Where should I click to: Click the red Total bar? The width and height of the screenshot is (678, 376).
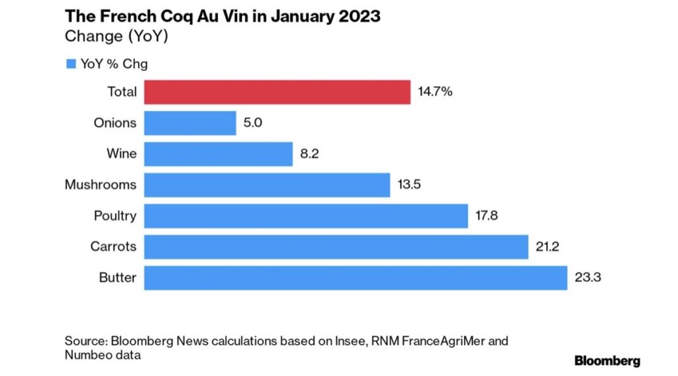(277, 92)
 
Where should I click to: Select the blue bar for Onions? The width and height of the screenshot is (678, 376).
(190, 123)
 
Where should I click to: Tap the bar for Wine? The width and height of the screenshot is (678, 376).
(218, 154)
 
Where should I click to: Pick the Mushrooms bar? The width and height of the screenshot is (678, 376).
(267, 185)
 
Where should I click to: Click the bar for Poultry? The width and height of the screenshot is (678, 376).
(306, 216)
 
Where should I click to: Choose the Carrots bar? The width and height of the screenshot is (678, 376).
(336, 247)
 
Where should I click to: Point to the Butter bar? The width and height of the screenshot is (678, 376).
(356, 278)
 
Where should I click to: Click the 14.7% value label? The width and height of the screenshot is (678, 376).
(435, 92)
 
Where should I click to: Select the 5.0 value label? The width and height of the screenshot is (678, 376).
(253, 123)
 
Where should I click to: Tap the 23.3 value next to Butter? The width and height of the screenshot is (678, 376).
(587, 278)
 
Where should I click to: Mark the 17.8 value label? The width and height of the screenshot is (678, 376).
(488, 216)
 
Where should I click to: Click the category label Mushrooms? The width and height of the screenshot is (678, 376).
(101, 185)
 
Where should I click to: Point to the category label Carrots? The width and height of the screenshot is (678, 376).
(113, 247)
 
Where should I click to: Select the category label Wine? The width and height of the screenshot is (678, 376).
(122, 154)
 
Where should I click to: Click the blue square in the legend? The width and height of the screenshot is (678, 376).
(71, 64)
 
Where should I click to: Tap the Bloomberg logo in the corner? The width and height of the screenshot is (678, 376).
(606, 361)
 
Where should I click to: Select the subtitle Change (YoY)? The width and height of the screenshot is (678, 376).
(117, 37)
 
